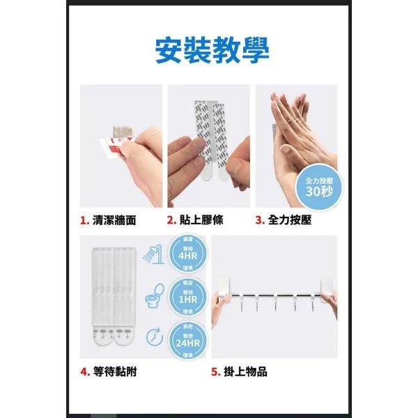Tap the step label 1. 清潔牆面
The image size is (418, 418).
[108, 221]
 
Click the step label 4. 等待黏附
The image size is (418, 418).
[108, 371]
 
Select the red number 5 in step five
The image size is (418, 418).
[215, 371]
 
